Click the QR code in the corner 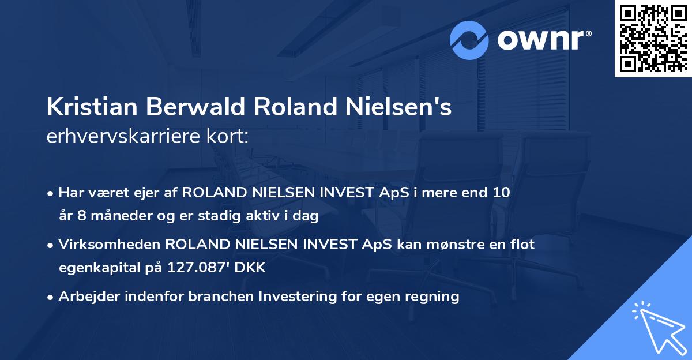click(x=653, y=39)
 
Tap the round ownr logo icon click(x=469, y=40)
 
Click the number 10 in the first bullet click(x=501, y=193)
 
